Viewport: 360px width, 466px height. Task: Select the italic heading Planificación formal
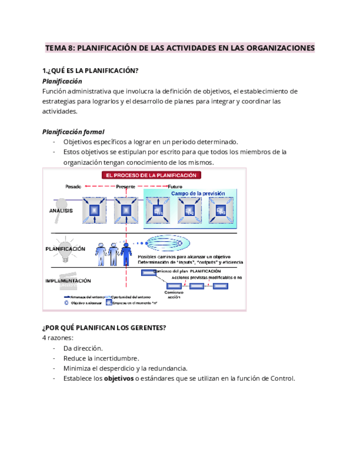point(73,132)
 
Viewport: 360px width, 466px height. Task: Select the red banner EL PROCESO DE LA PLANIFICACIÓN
point(151,175)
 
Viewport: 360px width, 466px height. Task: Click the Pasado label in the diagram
point(73,187)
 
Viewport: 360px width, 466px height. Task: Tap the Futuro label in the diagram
point(175,187)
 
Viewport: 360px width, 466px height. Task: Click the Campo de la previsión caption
point(197,193)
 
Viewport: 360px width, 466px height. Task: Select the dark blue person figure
point(126,255)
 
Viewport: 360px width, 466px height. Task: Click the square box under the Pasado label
point(94,210)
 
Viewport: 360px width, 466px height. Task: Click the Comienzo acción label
point(173,295)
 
